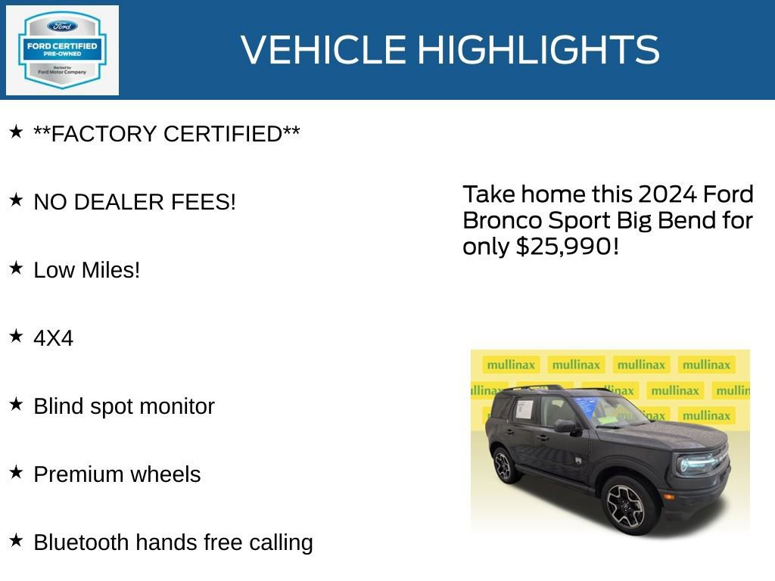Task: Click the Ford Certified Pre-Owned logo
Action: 62,51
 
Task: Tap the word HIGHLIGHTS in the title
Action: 538,50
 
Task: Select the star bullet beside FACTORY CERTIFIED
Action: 16,132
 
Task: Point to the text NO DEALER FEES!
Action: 135,202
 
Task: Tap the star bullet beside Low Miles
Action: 16,269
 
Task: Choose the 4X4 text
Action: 53,338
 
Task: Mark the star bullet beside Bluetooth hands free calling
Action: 16,541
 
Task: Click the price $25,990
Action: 562,247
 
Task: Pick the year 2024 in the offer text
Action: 668,194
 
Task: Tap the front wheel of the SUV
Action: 624,504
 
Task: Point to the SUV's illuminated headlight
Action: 694,463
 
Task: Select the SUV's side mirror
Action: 564,426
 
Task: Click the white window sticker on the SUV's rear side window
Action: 524,410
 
